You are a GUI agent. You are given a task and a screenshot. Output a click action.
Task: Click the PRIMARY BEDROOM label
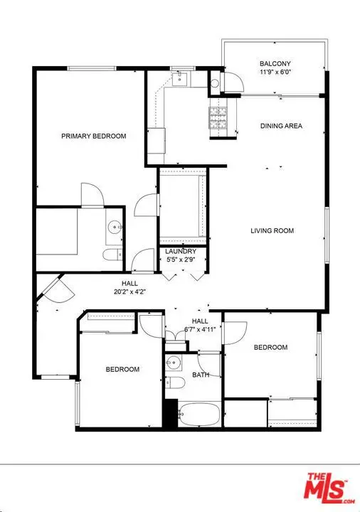94,136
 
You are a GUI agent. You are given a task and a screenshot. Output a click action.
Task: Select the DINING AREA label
281,126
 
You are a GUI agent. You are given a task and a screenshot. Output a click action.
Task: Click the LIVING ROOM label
272,230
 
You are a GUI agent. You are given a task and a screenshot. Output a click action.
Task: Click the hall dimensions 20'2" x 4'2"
129,291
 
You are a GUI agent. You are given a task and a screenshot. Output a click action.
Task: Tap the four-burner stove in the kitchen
217,117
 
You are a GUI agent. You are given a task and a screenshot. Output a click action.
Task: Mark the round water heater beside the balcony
216,82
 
